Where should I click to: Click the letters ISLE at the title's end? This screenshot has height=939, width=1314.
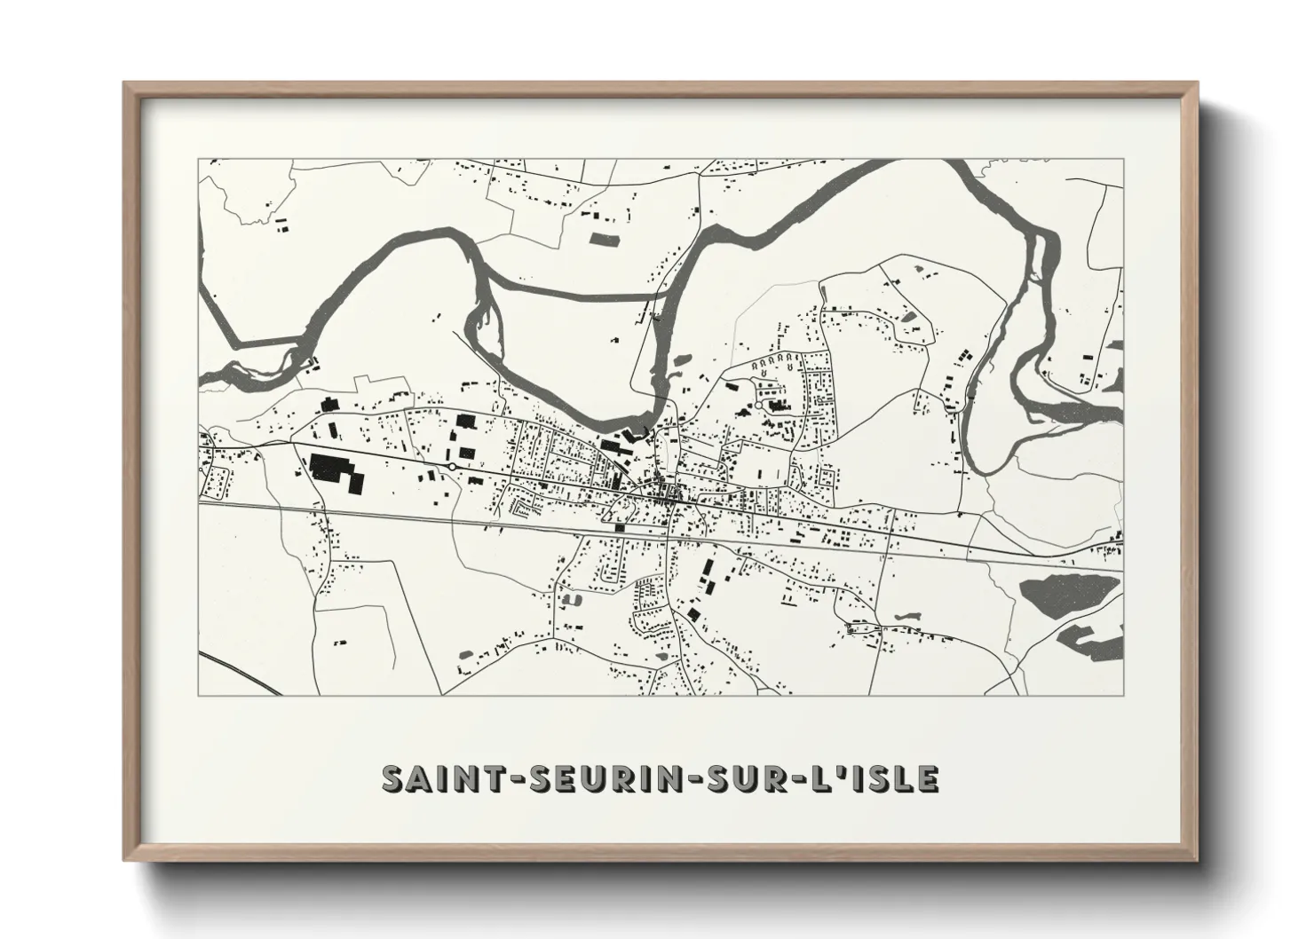pyautogui.click(x=894, y=778)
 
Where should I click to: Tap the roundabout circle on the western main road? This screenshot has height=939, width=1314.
pyautogui.click(x=453, y=465)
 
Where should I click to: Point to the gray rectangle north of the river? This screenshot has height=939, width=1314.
pyautogui.click(x=606, y=237)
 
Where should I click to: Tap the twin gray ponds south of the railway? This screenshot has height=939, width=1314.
pyautogui.click(x=569, y=600)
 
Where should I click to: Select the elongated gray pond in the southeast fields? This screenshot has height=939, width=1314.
pyautogui.click(x=906, y=614)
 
